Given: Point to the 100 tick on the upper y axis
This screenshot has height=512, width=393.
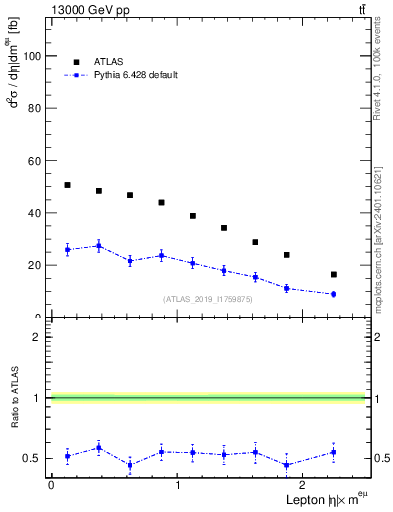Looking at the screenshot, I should tap(34, 56).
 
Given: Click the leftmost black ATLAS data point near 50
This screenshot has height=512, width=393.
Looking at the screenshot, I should tap(67, 185).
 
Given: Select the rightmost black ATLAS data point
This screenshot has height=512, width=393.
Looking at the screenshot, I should tap(333, 274).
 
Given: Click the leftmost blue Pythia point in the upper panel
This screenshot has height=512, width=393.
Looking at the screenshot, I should tap(67, 249).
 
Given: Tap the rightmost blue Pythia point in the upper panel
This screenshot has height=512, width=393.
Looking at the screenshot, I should tap(333, 294).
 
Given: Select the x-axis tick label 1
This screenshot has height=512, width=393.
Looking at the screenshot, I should tap(177, 485).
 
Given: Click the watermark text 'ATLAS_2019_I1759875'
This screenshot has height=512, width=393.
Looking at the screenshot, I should tap(208, 299).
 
